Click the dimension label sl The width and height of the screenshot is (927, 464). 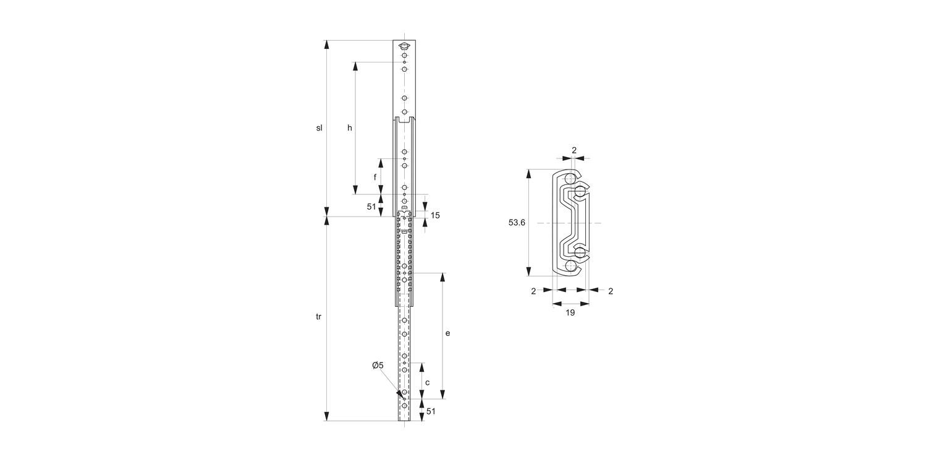tap(320, 128)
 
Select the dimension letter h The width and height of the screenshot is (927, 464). tap(350, 128)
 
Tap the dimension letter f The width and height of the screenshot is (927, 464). tap(375, 177)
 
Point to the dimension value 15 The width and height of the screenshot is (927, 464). tap(435, 215)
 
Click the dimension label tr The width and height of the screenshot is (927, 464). tap(319, 317)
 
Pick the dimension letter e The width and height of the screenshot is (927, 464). tap(447, 333)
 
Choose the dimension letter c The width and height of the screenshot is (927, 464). tap(428, 382)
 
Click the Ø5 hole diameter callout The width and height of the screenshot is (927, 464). tap(378, 366)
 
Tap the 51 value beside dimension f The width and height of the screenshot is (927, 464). tap(371, 207)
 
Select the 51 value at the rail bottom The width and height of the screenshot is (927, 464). tap(431, 411)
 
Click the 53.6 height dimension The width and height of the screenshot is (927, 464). tap(517, 223)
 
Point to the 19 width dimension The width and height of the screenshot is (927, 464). tap(570, 313)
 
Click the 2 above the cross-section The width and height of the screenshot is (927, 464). tap(574, 150)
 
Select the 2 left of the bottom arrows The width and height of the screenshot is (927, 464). tap(533, 291)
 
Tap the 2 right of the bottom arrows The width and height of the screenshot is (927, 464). tap(610, 291)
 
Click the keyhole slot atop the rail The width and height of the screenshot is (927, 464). tap(404, 46)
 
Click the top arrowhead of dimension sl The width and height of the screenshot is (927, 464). tap(327, 45)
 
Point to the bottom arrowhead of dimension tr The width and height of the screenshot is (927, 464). tap(327, 416)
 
